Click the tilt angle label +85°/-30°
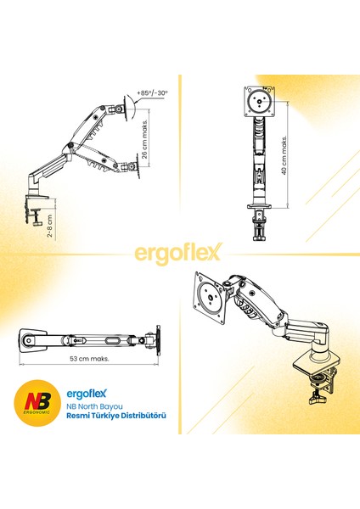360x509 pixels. point(152,92)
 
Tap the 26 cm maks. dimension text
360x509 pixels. point(144,137)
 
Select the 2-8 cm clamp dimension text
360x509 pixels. point(49,226)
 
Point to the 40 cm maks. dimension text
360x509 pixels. point(284,155)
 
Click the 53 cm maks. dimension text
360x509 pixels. point(89,359)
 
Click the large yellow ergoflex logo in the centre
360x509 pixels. point(178,253)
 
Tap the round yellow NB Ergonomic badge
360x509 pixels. point(37,402)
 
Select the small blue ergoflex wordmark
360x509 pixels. point(87,394)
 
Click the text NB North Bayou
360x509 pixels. point(94,406)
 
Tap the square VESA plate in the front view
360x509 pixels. point(260,102)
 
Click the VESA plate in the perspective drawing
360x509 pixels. point(209,298)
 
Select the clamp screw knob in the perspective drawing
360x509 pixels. point(318,398)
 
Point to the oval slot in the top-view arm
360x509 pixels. point(113,340)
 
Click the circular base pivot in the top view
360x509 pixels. point(29,340)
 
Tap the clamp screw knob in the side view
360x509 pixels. point(37,224)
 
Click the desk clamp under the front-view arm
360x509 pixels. point(259,224)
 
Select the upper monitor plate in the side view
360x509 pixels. point(127,108)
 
